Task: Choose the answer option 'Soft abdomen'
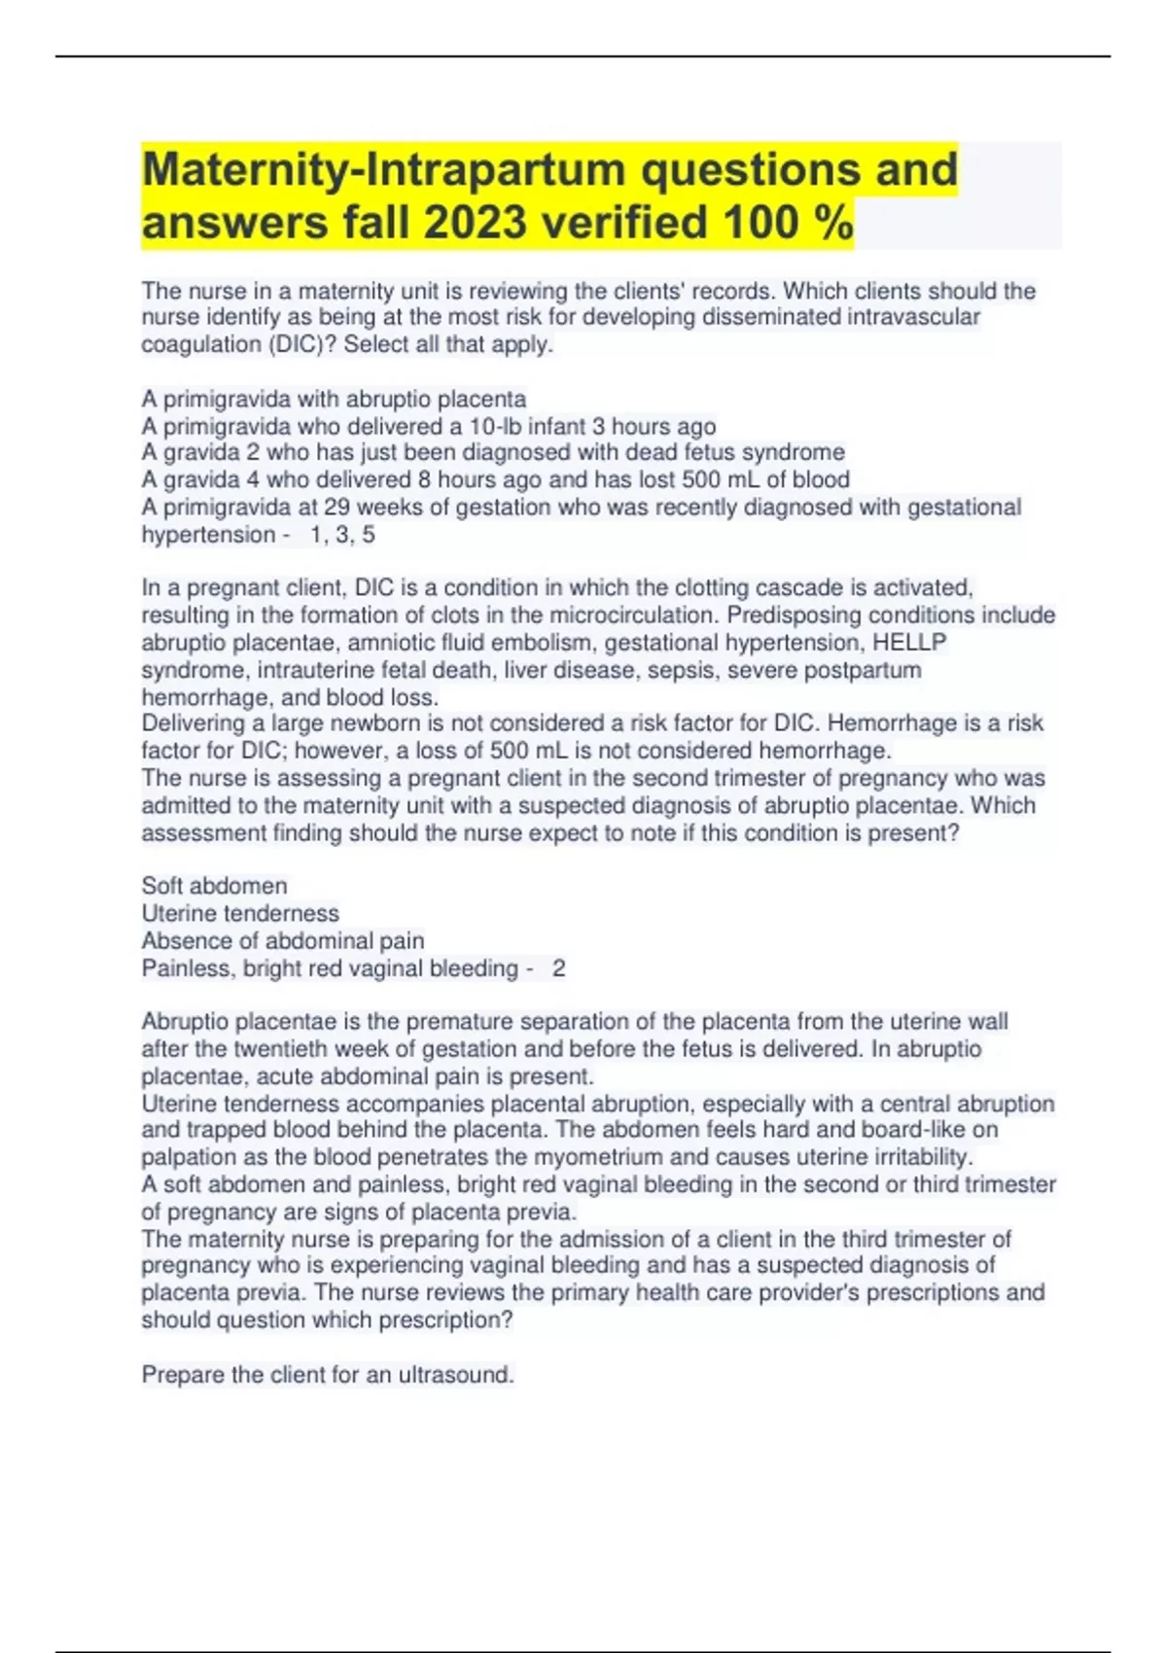click(x=214, y=886)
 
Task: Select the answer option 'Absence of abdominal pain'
click(x=282, y=940)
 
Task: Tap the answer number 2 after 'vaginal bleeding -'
click(x=558, y=968)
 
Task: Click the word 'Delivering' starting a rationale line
click(x=194, y=723)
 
